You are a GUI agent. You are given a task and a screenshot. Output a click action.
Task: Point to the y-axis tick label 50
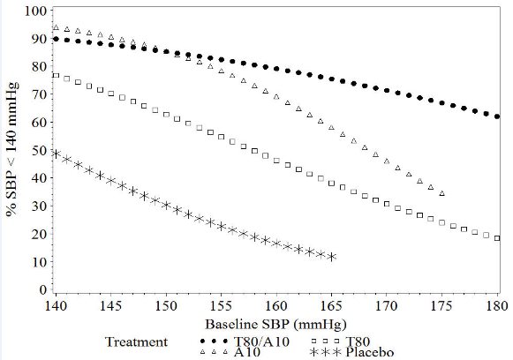tap(37, 151)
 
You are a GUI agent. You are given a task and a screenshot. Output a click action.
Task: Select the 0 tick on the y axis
tap(41, 290)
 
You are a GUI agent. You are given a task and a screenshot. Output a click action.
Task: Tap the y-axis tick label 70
tap(37, 95)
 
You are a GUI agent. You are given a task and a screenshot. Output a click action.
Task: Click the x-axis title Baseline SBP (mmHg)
tap(275, 323)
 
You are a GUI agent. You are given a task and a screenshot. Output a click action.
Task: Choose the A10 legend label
tap(249, 352)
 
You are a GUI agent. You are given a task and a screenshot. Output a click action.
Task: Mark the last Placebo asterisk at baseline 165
tap(331, 257)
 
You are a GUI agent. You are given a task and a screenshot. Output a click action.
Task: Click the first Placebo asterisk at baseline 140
tap(56, 154)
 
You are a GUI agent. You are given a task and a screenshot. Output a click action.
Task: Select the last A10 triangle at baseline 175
tap(441, 193)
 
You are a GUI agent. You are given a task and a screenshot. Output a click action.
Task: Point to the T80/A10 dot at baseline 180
tap(497, 116)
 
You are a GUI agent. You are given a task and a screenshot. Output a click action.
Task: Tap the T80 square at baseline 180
tap(497, 238)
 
